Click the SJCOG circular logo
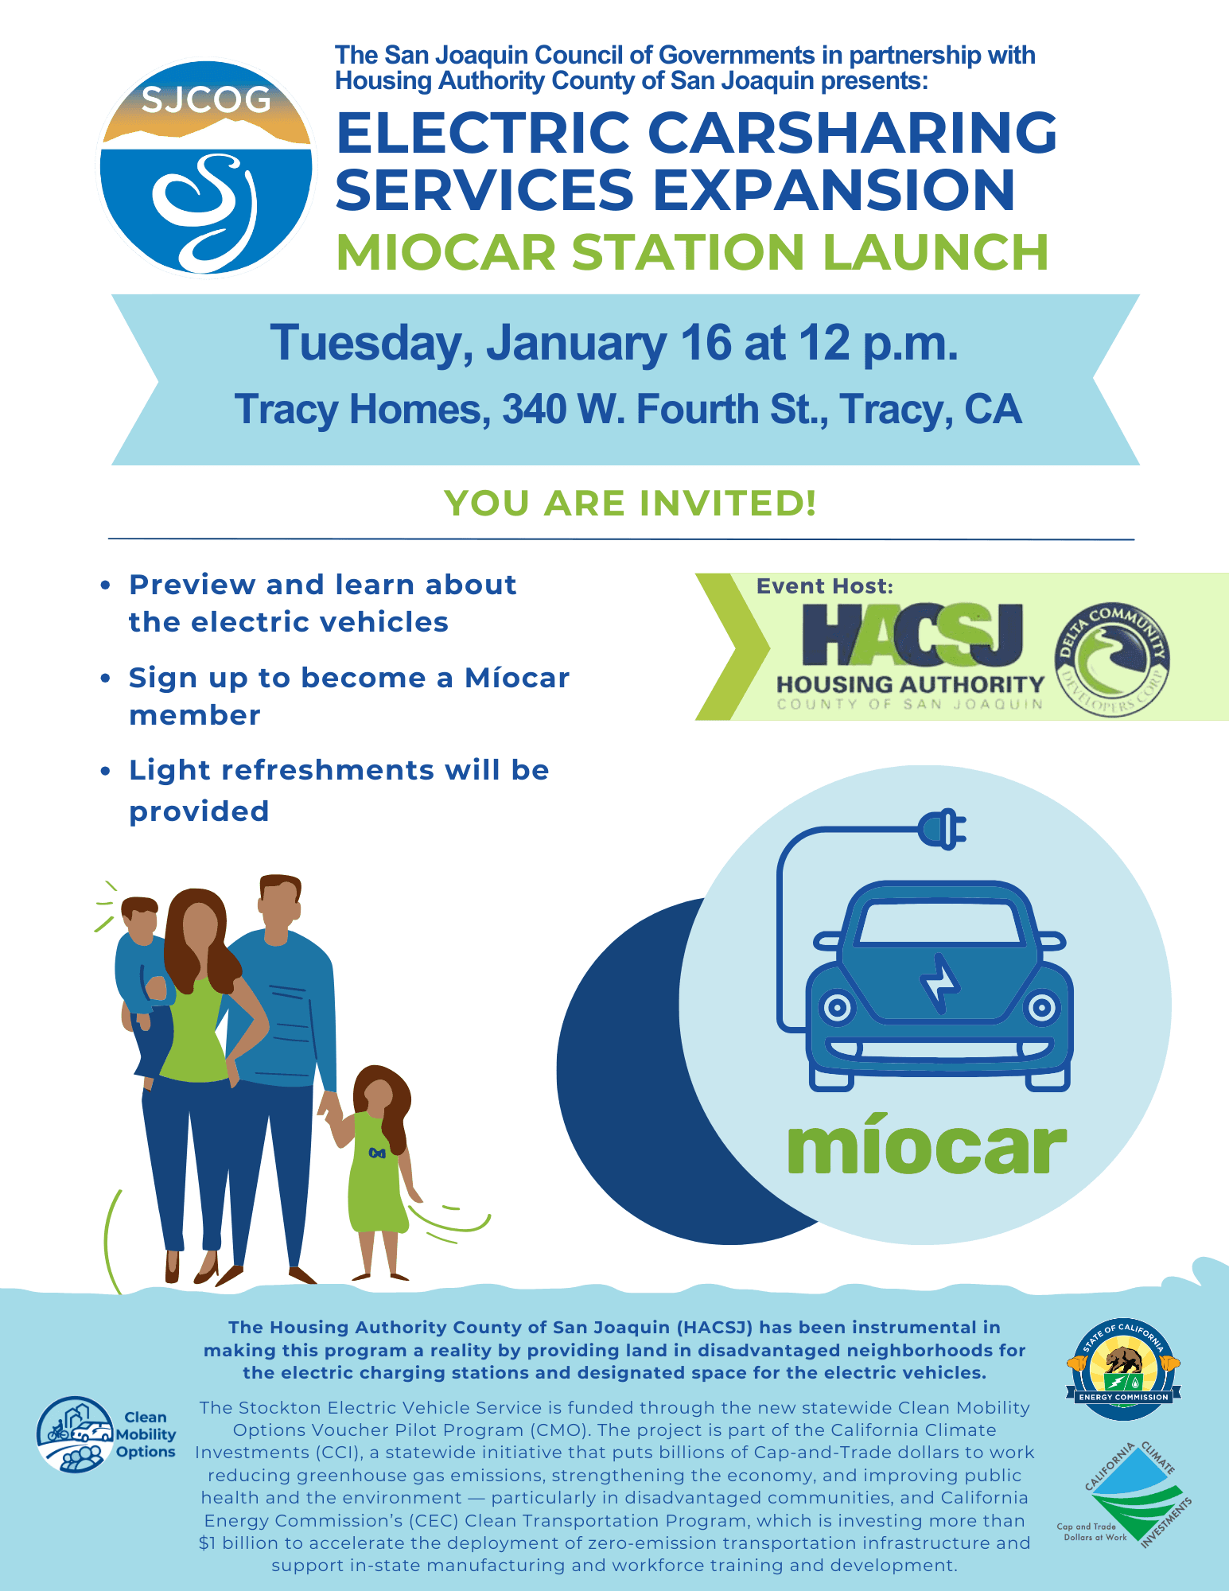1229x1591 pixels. click(206, 168)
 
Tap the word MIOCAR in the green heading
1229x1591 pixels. click(446, 252)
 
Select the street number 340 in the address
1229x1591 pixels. click(534, 409)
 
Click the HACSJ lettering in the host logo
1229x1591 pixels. click(912, 635)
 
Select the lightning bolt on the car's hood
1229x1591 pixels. click(941, 983)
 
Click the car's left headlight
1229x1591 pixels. click(837, 1009)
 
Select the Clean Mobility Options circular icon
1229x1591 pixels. click(76, 1434)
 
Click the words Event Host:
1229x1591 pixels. click(825, 586)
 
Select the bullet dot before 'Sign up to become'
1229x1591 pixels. click(105, 679)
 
